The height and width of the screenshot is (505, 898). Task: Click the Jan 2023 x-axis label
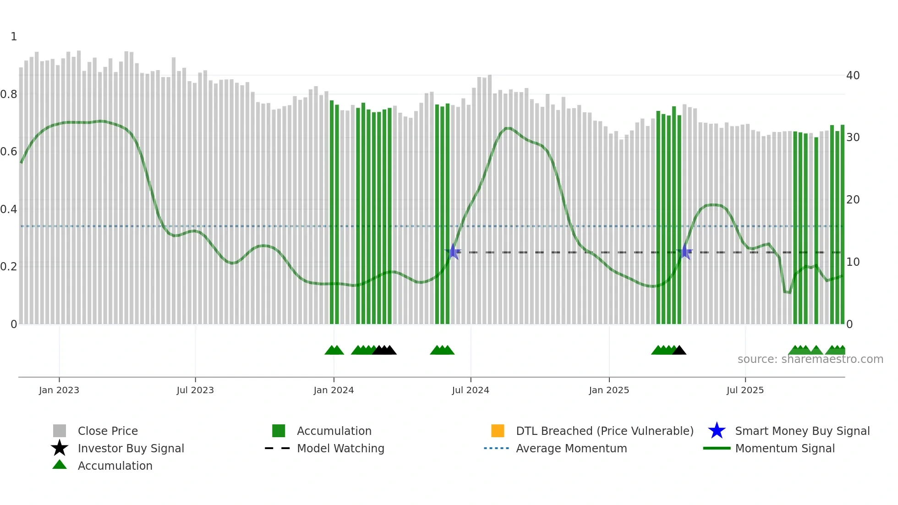coord(59,390)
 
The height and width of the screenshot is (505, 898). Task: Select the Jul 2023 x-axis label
coord(195,390)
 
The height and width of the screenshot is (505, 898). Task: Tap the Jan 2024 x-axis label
coord(334,390)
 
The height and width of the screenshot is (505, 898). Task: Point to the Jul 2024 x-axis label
coord(471,390)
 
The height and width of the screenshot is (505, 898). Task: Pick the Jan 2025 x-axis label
coord(609,390)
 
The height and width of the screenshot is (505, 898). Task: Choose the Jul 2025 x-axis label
coord(745,390)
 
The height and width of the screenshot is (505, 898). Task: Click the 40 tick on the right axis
coord(853,75)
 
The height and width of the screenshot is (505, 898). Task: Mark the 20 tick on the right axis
coord(853,199)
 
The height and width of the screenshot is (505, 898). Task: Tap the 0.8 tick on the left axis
coord(9,94)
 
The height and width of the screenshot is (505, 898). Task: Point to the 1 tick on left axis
coord(14,37)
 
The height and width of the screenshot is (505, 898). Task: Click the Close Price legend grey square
coord(60,431)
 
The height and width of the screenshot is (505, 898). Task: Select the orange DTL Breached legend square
coord(498,431)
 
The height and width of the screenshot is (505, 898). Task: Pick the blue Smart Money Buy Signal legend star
coord(717,431)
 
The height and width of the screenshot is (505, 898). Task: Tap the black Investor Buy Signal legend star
coord(60,448)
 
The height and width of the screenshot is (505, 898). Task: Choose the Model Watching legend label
coord(340,448)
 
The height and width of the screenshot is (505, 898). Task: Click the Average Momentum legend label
coord(571,448)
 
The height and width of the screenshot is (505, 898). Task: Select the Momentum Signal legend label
coord(785,448)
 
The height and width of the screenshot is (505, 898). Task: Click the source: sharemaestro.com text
coord(810,359)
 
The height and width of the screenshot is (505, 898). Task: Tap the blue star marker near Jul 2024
coord(453,252)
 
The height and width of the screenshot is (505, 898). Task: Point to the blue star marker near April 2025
coord(684,252)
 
